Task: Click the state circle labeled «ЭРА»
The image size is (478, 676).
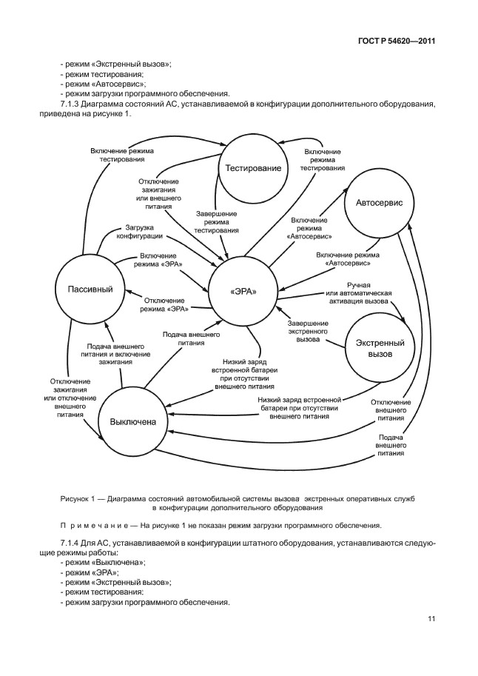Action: point(243,290)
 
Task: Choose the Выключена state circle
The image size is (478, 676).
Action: point(133,421)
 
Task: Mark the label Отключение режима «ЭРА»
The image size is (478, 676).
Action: point(164,304)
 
